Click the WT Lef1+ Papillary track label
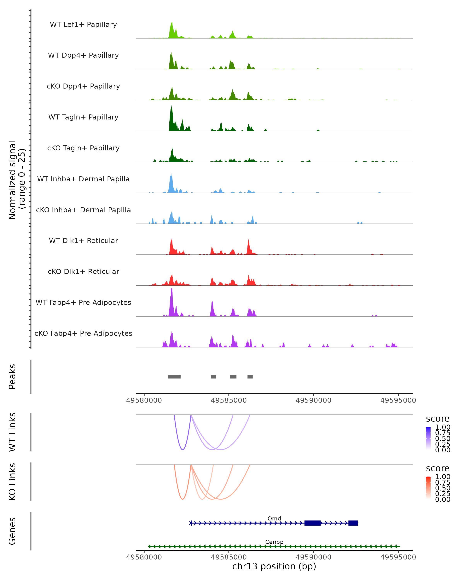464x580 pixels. (x=83, y=25)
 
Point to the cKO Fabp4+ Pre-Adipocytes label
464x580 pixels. (x=83, y=333)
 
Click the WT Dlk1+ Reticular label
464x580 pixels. (x=83, y=241)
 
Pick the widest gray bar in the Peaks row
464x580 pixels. (x=174, y=377)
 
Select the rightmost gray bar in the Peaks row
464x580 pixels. (x=250, y=377)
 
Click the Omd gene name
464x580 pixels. (x=274, y=518)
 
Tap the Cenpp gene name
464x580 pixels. (x=274, y=542)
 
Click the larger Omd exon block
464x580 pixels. (x=313, y=523)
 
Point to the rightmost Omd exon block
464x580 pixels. (x=353, y=523)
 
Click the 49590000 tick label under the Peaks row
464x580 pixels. (x=313, y=400)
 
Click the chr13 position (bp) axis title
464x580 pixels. (x=274, y=566)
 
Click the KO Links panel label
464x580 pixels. (x=12, y=482)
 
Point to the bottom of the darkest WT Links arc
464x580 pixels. (x=183, y=449)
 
